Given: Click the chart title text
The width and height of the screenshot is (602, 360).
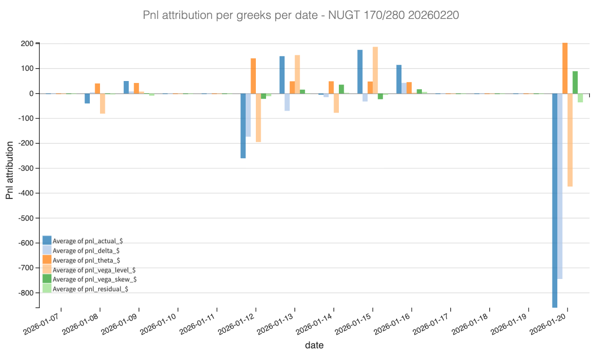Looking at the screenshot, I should click(301, 16).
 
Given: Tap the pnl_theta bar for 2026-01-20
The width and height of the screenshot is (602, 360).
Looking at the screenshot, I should click(565, 68).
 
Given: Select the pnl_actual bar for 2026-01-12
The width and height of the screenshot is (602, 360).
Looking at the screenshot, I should click(243, 126).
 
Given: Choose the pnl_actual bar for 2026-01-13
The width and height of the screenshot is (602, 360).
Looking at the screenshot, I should click(282, 75).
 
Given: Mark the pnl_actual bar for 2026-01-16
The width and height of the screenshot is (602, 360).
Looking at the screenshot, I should click(399, 79).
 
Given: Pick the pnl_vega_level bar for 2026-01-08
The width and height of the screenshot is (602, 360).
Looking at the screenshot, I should click(102, 103).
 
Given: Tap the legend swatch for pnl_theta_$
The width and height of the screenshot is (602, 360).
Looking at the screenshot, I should click(47, 260).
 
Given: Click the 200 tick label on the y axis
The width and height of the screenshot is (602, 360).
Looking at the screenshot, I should click(27, 44).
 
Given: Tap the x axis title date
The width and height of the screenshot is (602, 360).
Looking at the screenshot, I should click(314, 345).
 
